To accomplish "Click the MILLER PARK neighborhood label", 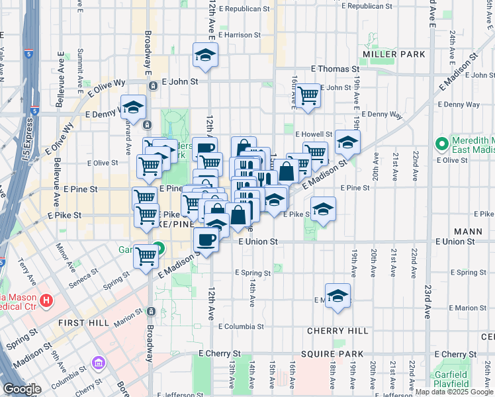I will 388,53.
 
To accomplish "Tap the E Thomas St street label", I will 335,69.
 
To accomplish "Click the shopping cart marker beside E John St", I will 308,95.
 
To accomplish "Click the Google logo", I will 22,389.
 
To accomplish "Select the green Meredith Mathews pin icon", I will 441,144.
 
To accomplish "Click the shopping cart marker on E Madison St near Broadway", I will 146,256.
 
